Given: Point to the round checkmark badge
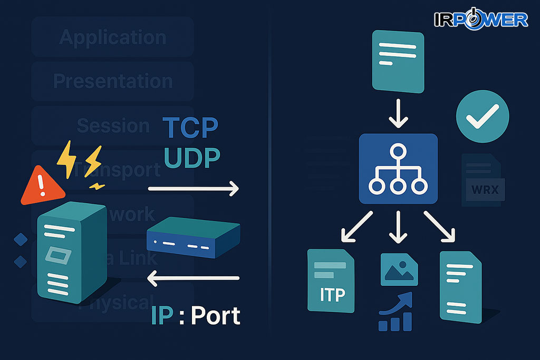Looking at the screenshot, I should [482, 117].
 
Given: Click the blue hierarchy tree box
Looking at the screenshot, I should [398, 169].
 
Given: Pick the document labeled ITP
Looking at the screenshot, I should [331, 280].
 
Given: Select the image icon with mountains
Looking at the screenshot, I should [399, 269].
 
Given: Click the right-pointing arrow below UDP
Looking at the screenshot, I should [193, 188].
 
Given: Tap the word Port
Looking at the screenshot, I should [215, 316].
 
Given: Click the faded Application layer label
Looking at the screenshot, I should [112, 37].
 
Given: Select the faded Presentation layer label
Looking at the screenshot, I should [112, 81].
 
